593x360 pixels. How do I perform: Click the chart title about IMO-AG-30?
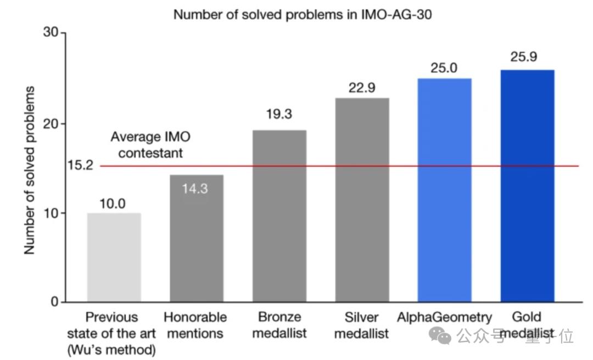click(x=303, y=15)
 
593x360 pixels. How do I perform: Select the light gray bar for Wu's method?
click(x=114, y=257)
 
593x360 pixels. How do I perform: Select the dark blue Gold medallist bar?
click(x=527, y=186)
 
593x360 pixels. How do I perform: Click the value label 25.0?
click(x=444, y=67)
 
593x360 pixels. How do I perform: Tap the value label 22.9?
click(x=362, y=87)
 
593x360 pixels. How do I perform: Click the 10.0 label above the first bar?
click(x=113, y=204)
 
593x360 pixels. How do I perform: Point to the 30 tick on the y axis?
click(x=51, y=32)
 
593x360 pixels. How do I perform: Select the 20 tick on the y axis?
click(x=51, y=123)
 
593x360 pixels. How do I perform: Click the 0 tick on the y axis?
click(x=54, y=302)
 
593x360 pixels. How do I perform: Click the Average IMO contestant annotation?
click(x=150, y=145)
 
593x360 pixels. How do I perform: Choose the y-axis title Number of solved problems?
click(x=29, y=170)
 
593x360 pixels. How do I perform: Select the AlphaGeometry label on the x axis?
click(x=444, y=317)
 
